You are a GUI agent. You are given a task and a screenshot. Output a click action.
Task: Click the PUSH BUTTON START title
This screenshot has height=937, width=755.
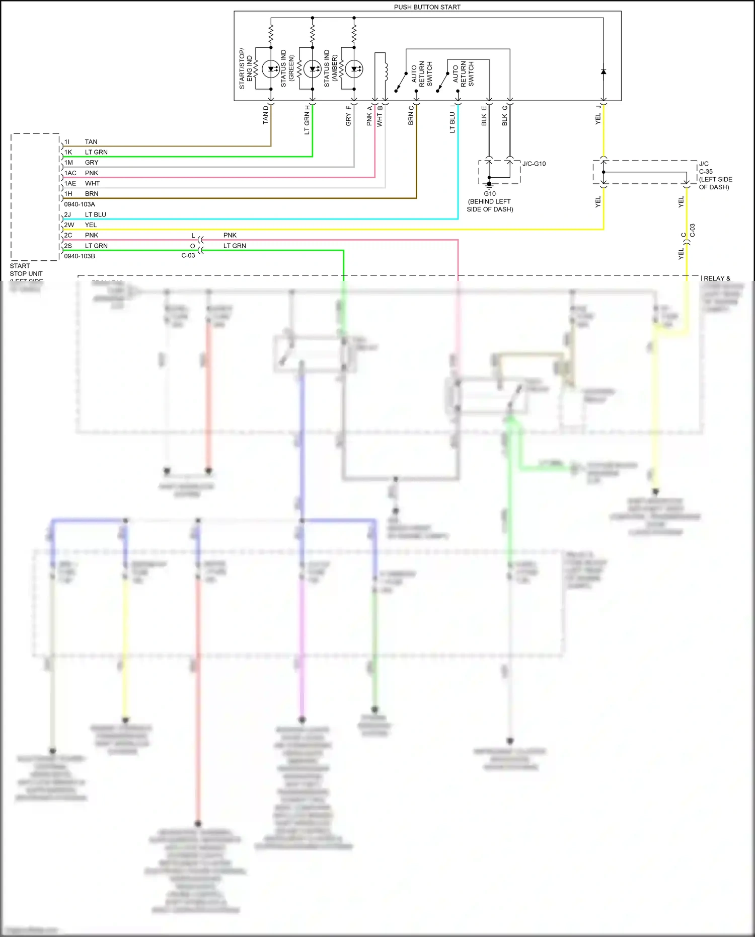[427, 7]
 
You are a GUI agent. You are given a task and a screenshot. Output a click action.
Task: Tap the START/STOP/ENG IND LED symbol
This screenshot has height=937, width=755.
[271, 69]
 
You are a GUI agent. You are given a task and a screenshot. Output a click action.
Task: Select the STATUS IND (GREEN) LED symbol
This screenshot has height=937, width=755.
[312, 69]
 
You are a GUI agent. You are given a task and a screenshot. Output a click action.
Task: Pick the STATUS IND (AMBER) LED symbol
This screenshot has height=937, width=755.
[354, 69]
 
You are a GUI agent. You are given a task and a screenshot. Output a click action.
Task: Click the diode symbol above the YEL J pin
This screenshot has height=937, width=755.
[603, 72]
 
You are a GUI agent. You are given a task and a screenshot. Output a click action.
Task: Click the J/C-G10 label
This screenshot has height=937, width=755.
[534, 164]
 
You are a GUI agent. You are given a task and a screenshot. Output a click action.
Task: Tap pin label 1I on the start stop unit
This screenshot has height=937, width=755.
[67, 142]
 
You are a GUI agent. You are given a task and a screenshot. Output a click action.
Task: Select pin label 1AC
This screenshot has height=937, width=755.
[70, 173]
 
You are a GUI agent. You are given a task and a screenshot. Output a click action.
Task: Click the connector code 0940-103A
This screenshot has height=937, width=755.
[80, 204]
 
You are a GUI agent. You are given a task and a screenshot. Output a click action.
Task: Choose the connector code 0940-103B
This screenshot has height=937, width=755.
[80, 256]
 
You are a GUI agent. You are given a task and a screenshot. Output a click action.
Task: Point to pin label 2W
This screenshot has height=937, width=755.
[69, 225]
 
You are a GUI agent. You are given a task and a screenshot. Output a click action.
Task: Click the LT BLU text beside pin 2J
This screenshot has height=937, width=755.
[96, 214]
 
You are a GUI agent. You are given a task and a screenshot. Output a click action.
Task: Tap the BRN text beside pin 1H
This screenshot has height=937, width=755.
[92, 194]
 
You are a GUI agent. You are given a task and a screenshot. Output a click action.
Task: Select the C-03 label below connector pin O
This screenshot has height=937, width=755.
[188, 256]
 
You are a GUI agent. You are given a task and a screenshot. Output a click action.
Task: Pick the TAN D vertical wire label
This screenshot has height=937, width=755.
[266, 115]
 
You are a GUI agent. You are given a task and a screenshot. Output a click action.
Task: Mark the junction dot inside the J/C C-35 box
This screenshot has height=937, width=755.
[603, 172]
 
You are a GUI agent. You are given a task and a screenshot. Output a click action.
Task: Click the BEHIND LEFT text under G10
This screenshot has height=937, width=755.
[489, 201]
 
